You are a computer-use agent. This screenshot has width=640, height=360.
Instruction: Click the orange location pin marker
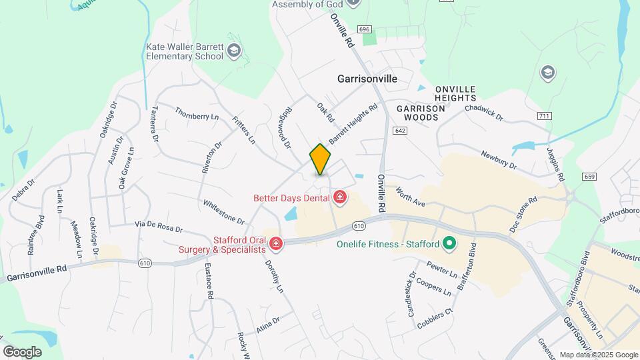[321, 159]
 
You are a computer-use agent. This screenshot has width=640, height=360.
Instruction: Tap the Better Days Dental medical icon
[340, 197]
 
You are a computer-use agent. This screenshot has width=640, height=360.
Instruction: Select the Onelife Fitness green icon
[449, 243]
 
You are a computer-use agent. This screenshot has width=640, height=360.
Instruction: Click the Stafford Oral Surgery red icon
[275, 245]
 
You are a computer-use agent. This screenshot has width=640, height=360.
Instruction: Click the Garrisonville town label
[367, 79]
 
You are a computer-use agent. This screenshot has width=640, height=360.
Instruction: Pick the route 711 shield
[544, 116]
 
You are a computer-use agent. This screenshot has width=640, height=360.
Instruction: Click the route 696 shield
[363, 30]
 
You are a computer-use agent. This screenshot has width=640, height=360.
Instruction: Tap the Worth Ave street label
[410, 196]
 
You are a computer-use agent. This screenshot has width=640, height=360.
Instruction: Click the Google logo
[22, 351]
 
